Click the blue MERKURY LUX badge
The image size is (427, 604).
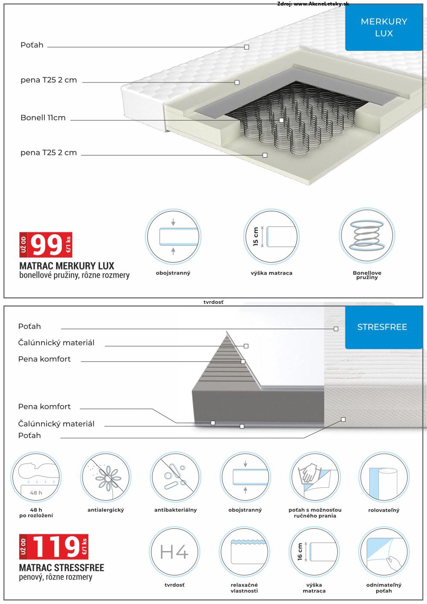383,27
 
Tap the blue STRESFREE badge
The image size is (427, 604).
382,327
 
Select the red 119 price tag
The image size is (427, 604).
54,547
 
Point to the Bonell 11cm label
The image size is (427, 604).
43,118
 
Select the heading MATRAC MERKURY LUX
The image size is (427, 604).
67,267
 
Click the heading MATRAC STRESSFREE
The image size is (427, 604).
62,568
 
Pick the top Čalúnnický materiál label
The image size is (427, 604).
56,343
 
